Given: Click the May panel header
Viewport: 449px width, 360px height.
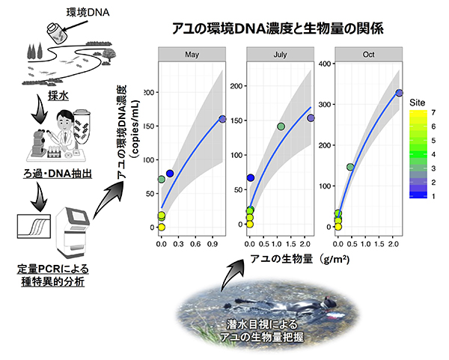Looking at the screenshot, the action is [x=192, y=55].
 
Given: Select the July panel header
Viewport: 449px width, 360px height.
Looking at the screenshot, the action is [x=280, y=55].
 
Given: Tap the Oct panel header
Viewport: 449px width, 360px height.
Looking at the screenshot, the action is [x=368, y=55].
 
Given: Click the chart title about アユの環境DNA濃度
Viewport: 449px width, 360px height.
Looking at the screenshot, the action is [x=278, y=28].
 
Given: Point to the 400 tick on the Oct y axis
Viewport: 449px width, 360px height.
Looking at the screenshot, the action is [x=325, y=64].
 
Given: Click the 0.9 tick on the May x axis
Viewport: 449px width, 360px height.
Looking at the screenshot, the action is [x=213, y=244].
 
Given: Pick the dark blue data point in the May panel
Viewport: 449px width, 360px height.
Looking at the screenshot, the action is [x=170, y=174].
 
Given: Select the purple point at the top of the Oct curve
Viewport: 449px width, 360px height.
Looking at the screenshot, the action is [x=399, y=93].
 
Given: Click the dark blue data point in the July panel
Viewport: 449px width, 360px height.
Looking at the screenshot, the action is [x=251, y=178].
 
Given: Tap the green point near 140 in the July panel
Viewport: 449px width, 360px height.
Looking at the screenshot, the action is [x=281, y=126].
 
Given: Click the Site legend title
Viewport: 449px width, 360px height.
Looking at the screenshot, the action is [x=418, y=103].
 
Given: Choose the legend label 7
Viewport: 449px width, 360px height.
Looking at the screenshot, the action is [x=433, y=112].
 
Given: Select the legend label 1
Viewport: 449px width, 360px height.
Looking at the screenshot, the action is [x=433, y=196].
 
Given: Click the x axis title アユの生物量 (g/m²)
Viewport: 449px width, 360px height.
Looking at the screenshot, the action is [x=300, y=259].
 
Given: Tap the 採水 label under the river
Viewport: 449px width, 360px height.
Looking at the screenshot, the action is [x=58, y=96].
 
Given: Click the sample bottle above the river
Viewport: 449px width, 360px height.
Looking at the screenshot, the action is [x=57, y=33].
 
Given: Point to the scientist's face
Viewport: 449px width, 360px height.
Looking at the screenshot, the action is [x=63, y=120].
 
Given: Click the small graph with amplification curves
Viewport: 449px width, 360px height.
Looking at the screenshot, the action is [x=34, y=226].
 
